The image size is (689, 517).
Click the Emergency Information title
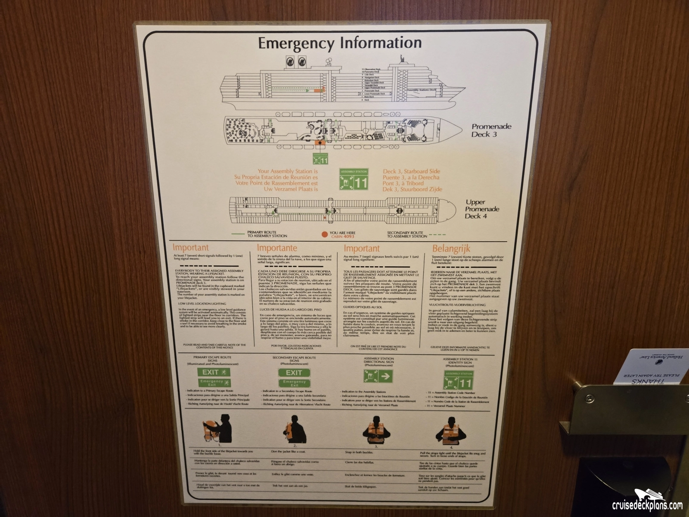click(x=340, y=44)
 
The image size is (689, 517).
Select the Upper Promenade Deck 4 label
click(x=482, y=209)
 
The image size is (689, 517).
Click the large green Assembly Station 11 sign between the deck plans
click(x=354, y=180)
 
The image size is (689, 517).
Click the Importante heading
click(x=277, y=248)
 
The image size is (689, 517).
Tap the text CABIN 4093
click(x=342, y=236)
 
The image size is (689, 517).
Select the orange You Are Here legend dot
click(x=325, y=235)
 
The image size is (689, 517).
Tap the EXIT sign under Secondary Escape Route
click(x=294, y=373)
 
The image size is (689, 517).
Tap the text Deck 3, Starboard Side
click(x=412, y=171)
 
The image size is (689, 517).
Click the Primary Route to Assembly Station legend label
click(x=267, y=234)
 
